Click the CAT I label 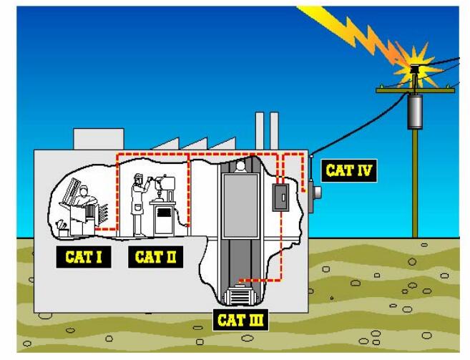[x=84, y=257]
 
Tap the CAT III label [x=240, y=319]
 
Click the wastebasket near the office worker [x=64, y=230]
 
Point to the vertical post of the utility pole [x=414, y=186]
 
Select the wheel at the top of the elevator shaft [x=241, y=166]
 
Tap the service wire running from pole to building [x=358, y=125]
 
